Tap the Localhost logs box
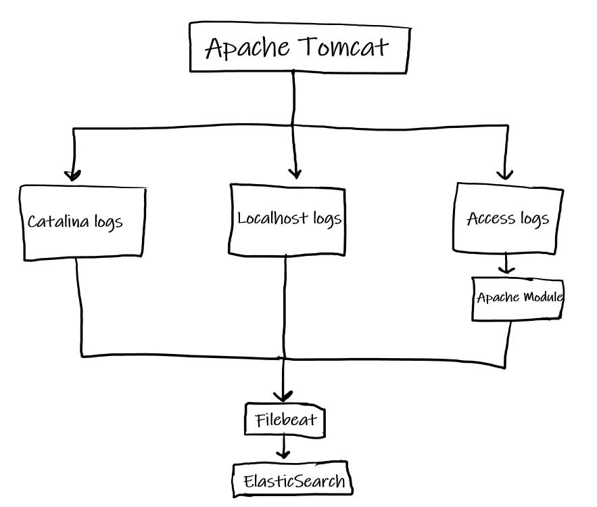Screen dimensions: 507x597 [289, 219]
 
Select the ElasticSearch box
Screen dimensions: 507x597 [293, 481]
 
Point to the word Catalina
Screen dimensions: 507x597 [59, 222]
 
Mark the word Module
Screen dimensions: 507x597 [542, 297]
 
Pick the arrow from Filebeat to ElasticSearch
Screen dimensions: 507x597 [284, 447]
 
